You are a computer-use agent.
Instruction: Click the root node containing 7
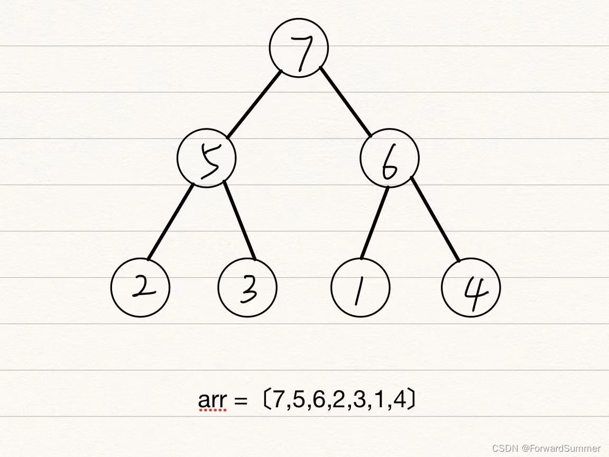299,48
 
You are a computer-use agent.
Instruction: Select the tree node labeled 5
207,158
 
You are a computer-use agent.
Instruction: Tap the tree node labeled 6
390,158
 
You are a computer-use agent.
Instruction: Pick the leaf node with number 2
140,288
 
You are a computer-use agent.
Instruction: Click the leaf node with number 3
247,288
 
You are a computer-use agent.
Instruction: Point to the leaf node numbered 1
360,288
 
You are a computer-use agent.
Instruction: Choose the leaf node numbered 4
470,288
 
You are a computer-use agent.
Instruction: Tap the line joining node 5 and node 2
170,222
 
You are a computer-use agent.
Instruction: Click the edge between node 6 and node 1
375,222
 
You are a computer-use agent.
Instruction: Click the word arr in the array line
212,400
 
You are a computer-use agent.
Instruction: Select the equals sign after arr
240,401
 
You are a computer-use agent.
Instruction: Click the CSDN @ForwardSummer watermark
546,448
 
